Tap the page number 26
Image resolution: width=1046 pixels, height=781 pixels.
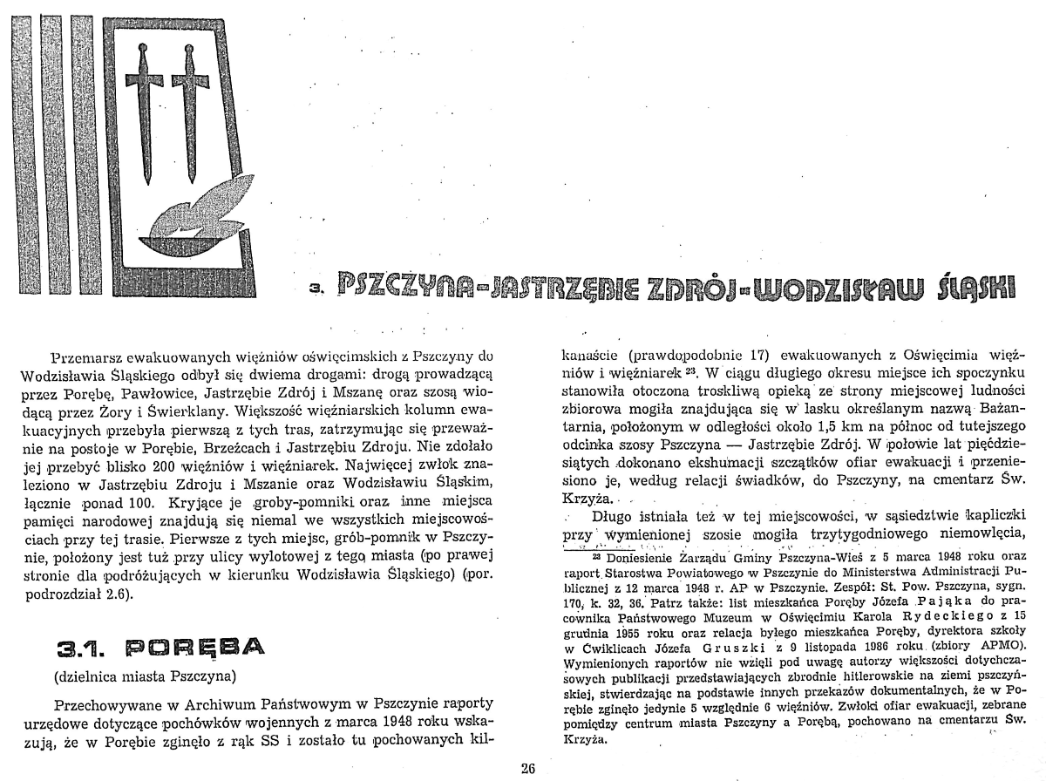point(527,768)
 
